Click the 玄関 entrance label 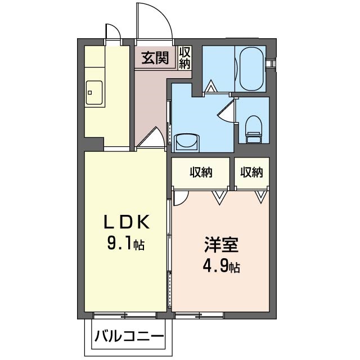click(x=155, y=57)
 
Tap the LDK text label click(x=127, y=222)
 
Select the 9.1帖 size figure click(x=126, y=244)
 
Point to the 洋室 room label click(x=221, y=245)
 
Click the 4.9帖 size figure click(x=221, y=267)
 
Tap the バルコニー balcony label click(x=129, y=337)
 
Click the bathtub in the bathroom click(x=251, y=69)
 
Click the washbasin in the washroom click(x=186, y=143)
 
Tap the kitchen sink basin click(x=94, y=92)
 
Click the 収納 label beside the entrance click(x=185, y=57)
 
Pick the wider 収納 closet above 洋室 click(x=201, y=173)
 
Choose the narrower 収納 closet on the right click(x=251, y=173)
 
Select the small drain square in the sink click(x=90, y=93)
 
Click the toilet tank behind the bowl click(x=254, y=138)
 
